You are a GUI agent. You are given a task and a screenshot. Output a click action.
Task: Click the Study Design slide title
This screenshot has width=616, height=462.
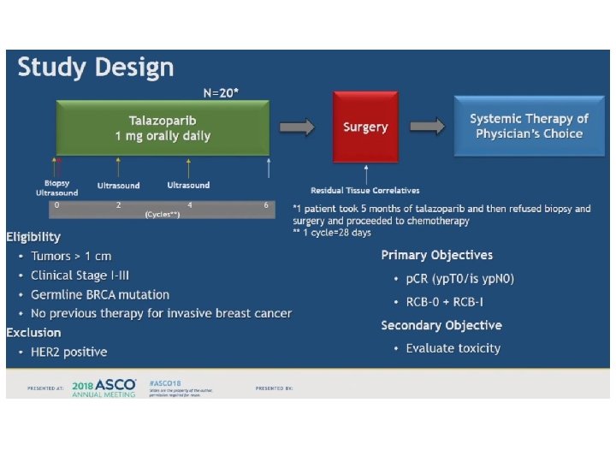tap(96, 68)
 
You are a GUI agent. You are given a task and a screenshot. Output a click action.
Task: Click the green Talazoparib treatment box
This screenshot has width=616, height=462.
tap(163, 127)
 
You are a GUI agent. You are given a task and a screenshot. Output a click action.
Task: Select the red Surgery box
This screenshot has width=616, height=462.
tap(365, 127)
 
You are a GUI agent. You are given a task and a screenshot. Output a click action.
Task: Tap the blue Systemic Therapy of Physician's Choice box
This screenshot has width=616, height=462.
tap(529, 127)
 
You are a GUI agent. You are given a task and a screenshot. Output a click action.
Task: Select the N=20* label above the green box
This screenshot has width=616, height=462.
tap(221, 92)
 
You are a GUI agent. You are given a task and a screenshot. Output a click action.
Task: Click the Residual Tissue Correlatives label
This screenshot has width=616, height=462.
tap(365, 190)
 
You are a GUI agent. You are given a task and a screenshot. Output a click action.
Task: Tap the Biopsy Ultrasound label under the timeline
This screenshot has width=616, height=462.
tap(56, 188)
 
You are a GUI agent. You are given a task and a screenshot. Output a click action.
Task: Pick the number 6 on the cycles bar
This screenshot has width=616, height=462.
tap(266, 205)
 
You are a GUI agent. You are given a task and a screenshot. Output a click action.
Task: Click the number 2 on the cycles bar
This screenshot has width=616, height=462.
tap(118, 205)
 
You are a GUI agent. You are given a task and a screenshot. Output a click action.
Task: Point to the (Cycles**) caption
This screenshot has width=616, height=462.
tap(162, 215)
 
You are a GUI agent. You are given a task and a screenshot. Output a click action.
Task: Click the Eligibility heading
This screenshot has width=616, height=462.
tap(33, 235)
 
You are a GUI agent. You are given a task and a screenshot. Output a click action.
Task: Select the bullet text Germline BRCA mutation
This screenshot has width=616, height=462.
tap(100, 294)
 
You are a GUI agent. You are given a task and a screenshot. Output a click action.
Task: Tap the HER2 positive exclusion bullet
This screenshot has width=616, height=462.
tap(69, 352)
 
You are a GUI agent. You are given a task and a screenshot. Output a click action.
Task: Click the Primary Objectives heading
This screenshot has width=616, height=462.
tap(437, 255)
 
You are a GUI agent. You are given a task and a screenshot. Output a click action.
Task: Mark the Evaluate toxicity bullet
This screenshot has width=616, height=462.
tap(453, 348)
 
